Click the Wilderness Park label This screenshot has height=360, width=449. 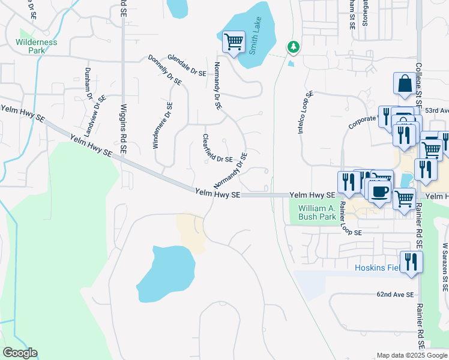tap(37, 47)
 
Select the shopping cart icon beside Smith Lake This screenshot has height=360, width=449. tap(234, 43)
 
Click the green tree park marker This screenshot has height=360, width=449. tap(293, 46)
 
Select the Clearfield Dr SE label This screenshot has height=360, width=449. tap(217, 151)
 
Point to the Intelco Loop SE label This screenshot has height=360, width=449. tap(306, 112)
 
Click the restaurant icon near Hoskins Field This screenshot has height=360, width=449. tap(411, 262)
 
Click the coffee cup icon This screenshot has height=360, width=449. tap(379, 192)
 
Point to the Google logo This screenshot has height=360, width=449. tap(20, 353)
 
